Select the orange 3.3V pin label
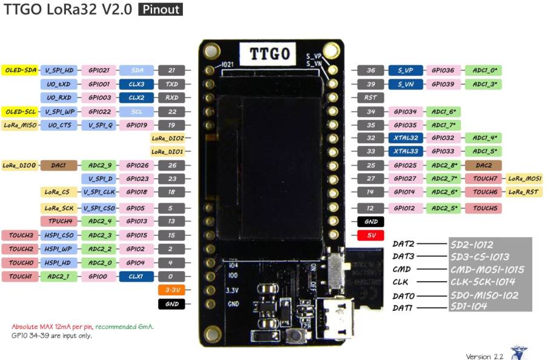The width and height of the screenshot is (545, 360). click(x=171, y=290)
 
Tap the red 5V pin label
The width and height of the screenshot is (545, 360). click(x=371, y=235)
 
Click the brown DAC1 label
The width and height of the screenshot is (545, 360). click(x=59, y=165)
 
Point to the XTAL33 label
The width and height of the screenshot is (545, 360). click(x=405, y=151)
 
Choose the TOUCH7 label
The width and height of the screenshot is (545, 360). click(x=485, y=178)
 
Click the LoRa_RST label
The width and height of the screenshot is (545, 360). click(x=524, y=192)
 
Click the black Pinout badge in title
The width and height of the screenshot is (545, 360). click(x=160, y=10)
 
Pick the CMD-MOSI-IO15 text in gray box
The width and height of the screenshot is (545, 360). click(x=487, y=269)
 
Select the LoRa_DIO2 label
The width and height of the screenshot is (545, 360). click(x=167, y=138)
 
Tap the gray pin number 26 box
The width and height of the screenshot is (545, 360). click(x=171, y=165)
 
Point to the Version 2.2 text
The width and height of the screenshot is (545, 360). click(x=484, y=356)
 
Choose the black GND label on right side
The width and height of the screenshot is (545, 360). click(x=371, y=222)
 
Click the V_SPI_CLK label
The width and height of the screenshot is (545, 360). click(x=99, y=192)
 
